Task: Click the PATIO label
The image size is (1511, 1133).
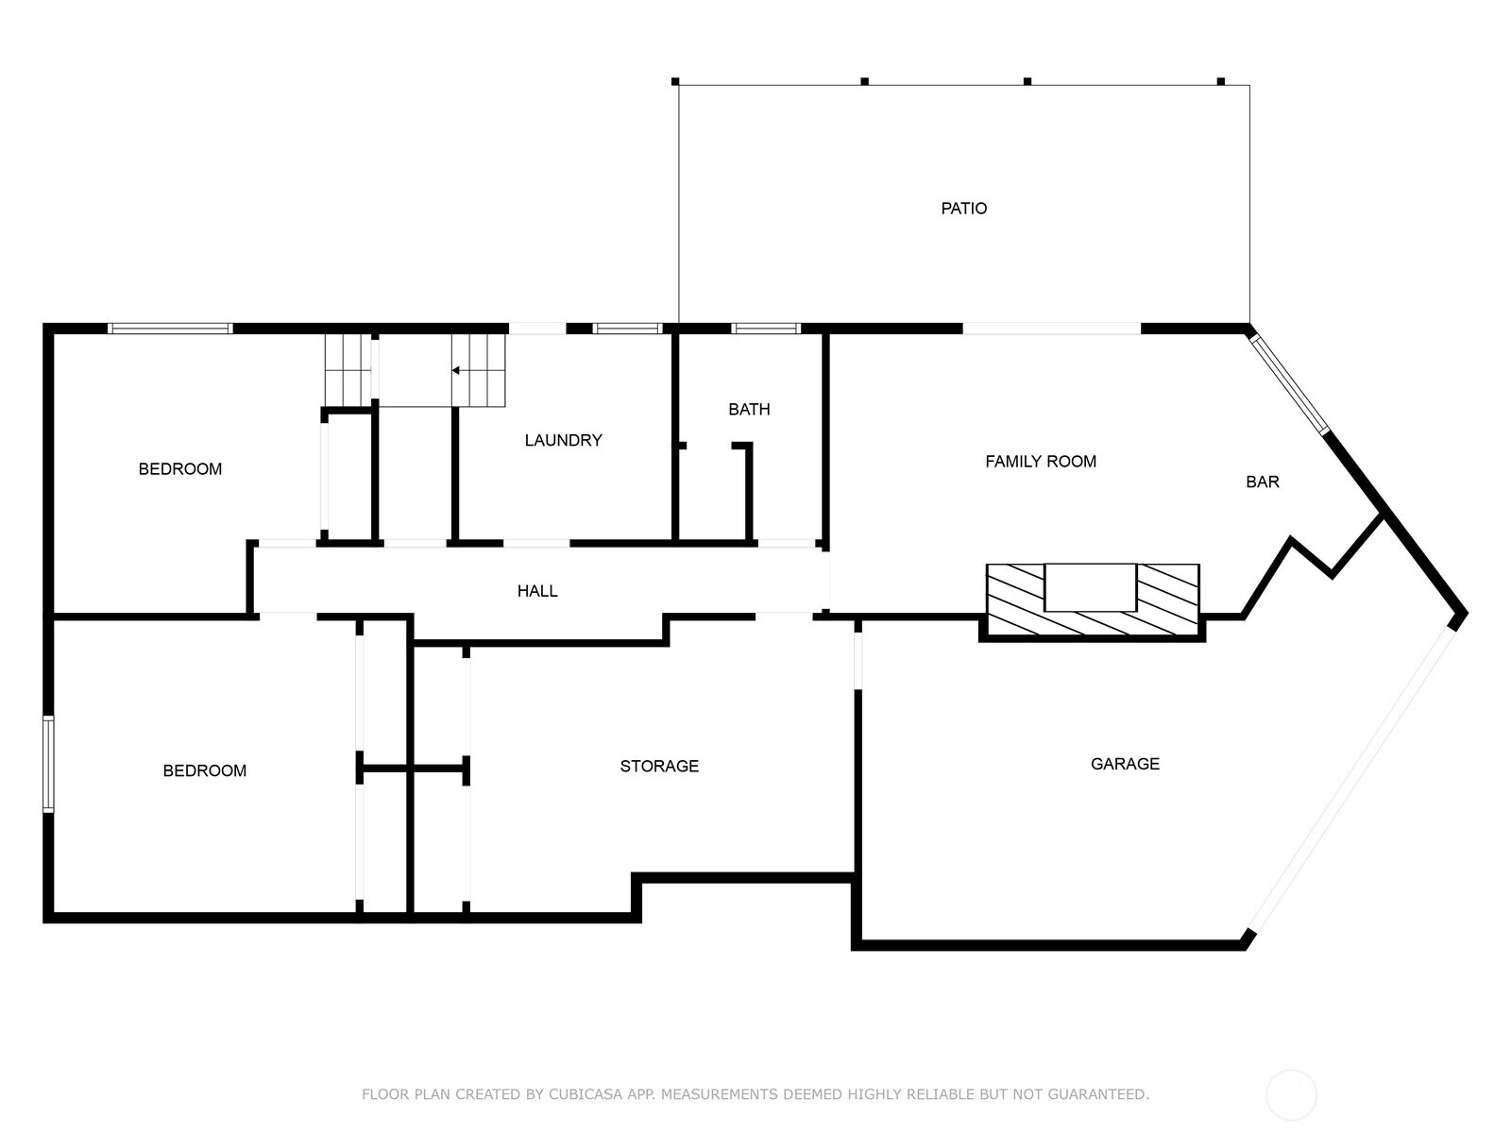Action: (963, 209)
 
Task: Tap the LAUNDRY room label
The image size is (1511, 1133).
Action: (563, 440)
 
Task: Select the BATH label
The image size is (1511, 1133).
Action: (749, 410)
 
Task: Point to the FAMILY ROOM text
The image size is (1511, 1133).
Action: (1041, 462)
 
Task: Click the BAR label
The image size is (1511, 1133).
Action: (1262, 482)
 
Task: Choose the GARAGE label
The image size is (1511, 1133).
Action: (1125, 764)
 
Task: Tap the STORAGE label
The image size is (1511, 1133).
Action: (659, 767)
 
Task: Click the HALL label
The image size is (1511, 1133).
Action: (537, 591)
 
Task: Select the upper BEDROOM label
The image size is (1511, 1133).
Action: (180, 469)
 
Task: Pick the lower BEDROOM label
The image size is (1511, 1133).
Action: (205, 771)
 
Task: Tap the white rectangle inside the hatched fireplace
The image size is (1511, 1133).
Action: (1090, 587)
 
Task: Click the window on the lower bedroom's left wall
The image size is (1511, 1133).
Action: (48, 764)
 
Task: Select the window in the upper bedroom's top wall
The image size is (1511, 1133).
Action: (170, 329)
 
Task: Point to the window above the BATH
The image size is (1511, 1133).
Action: (766, 329)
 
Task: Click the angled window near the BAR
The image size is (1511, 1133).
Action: (1290, 381)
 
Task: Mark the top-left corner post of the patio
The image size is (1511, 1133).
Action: (675, 82)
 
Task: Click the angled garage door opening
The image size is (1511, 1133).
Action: (1353, 774)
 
